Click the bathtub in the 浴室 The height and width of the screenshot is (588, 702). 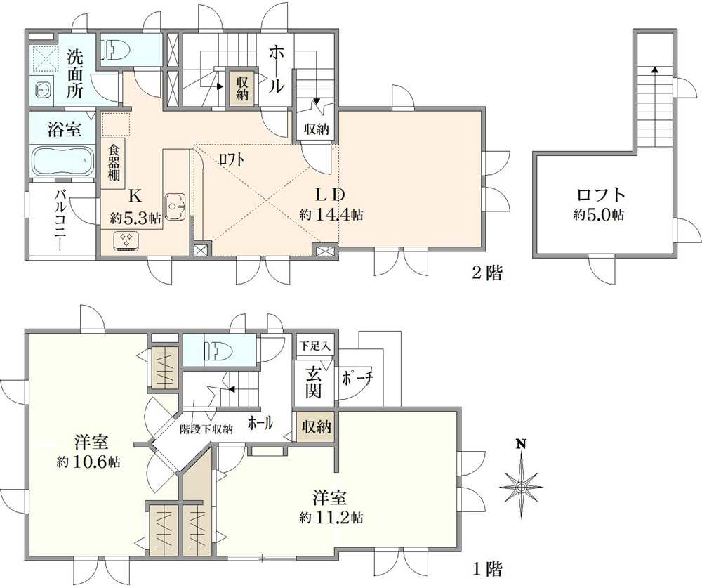point(62,162)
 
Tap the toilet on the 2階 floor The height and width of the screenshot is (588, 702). point(116,49)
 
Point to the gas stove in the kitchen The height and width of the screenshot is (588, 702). point(128,240)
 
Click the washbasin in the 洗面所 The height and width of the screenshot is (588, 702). point(44,91)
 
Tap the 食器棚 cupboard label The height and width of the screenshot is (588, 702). point(114,162)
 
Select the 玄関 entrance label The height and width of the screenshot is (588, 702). point(313,383)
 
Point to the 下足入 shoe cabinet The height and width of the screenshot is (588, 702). point(315,346)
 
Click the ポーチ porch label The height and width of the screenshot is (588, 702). point(357,379)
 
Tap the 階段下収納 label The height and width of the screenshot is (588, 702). point(206,429)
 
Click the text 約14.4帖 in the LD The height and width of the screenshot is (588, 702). point(331,215)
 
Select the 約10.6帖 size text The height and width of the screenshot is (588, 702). point(88,462)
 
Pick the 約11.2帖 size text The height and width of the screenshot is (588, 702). point(331,518)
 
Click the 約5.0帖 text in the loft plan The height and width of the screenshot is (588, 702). point(598,215)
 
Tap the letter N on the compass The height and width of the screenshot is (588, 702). point(520,444)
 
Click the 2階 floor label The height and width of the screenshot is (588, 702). point(488,273)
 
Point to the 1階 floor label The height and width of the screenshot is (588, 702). point(488,569)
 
